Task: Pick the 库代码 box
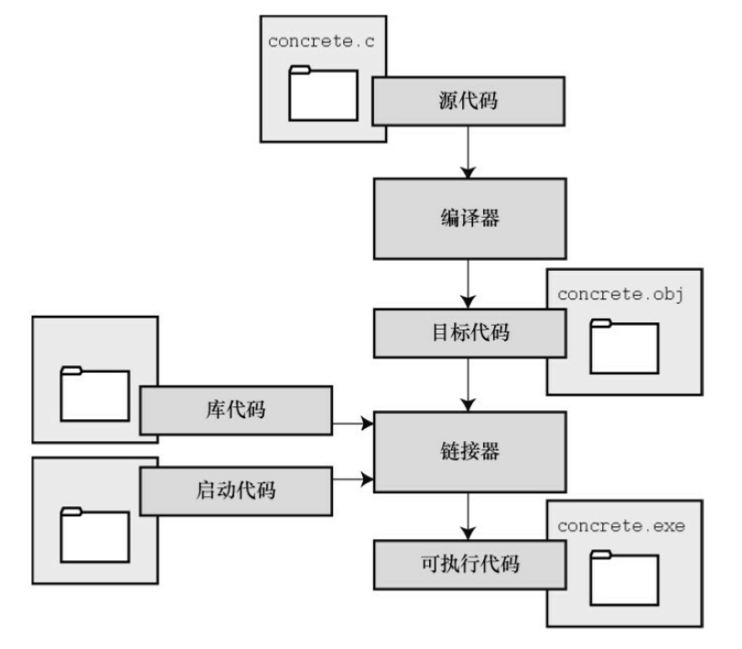pos(235,408)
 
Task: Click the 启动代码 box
pos(235,490)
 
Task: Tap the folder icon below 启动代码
pos(95,535)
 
